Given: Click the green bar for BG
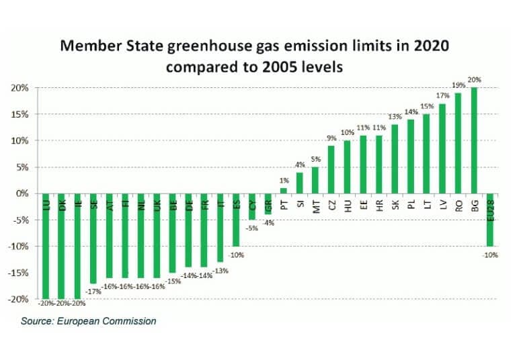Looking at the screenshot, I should point(475,140).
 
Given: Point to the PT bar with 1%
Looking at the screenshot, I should point(283,191).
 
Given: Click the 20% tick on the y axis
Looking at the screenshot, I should point(21,88).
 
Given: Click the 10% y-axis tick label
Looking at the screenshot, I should point(21,140).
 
